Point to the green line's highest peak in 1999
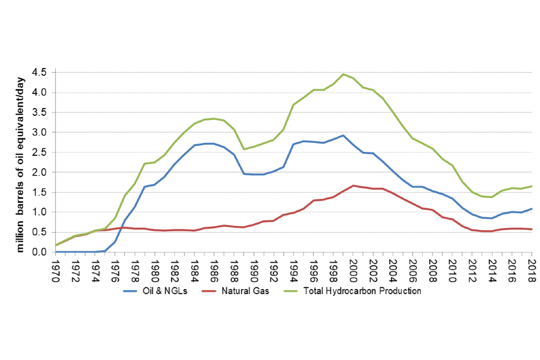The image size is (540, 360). pyautogui.click(x=343, y=74)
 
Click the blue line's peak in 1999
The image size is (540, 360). pyautogui.click(x=343, y=136)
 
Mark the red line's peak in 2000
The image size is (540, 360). pyautogui.click(x=353, y=186)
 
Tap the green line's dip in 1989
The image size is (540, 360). pyautogui.click(x=244, y=149)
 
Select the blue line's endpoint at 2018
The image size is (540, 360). pyautogui.click(x=532, y=209)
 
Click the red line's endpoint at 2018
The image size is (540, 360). pyautogui.click(x=532, y=229)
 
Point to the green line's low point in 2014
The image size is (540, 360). pyautogui.click(x=492, y=197)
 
